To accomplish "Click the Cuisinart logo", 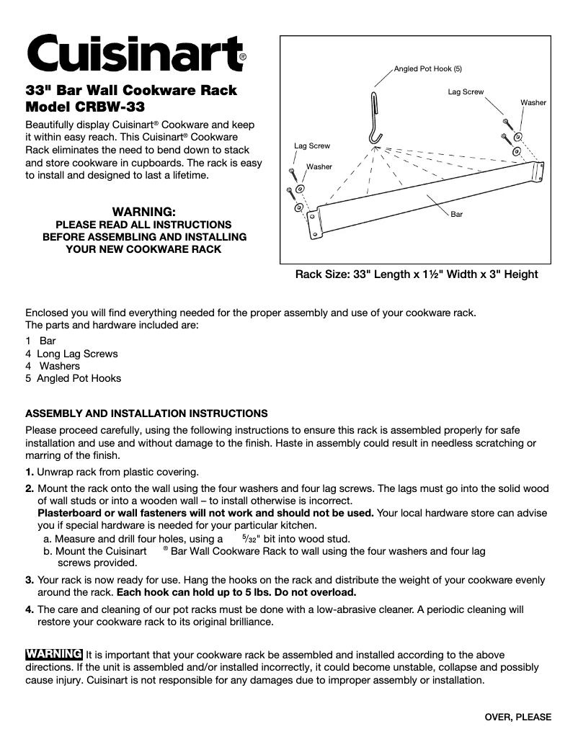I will (x=135, y=53).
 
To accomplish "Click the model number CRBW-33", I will (x=110, y=108).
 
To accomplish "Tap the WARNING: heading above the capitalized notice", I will (x=144, y=212).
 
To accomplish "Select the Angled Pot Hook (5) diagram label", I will (x=427, y=69).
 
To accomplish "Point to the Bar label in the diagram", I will (x=456, y=215).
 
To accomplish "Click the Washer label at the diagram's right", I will (x=533, y=103).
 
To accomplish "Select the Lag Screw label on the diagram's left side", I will (x=312, y=146).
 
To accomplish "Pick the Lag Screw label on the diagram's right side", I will (x=466, y=92).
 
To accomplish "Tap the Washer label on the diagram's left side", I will (x=319, y=166).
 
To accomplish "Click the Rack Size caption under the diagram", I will (x=417, y=274).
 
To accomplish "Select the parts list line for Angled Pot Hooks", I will (x=73, y=378).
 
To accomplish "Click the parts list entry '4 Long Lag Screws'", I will (x=71, y=354).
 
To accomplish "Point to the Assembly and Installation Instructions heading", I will (x=146, y=413).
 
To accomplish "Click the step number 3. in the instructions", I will (x=30, y=580).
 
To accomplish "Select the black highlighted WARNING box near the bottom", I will (x=54, y=654).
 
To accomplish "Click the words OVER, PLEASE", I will (x=517, y=717).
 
